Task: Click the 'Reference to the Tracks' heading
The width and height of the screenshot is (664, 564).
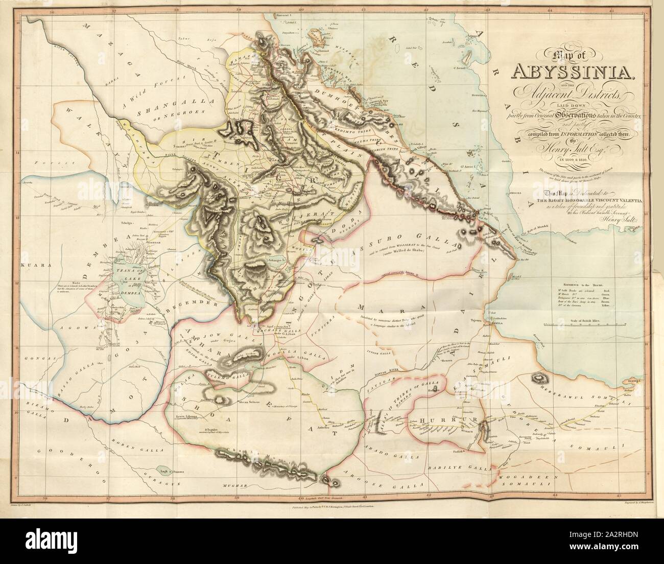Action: coord(595,282)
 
